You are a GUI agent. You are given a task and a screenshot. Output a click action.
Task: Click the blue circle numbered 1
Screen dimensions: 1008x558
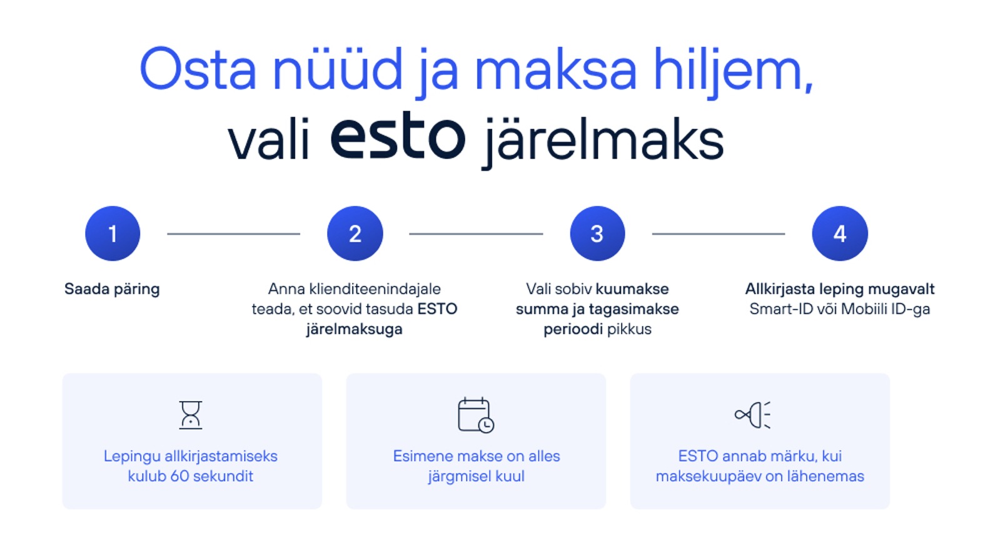(113, 233)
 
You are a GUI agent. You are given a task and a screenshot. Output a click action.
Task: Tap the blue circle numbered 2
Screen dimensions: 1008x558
(355, 233)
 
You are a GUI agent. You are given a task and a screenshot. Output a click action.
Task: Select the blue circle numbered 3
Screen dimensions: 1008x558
(597, 233)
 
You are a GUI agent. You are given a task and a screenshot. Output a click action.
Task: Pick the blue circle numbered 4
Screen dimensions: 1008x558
(840, 233)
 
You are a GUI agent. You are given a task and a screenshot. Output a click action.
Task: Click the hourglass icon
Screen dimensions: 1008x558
(190, 415)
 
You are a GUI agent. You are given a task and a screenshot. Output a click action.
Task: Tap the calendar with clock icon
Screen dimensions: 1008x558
(476, 415)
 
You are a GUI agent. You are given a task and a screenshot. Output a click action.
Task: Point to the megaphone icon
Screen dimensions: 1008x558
(752, 415)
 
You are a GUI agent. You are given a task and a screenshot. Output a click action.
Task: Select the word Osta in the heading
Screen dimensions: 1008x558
(198, 69)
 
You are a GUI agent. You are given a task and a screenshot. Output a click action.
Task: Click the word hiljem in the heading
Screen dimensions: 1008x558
(733, 72)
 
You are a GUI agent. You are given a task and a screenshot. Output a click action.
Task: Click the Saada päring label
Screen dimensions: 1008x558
(112, 290)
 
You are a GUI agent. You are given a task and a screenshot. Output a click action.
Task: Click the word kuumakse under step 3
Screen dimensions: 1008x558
(632, 289)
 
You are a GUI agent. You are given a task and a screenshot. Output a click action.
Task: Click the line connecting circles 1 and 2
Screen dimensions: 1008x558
(233, 233)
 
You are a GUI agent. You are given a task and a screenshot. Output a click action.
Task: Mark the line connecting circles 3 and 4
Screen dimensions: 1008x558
(718, 233)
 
